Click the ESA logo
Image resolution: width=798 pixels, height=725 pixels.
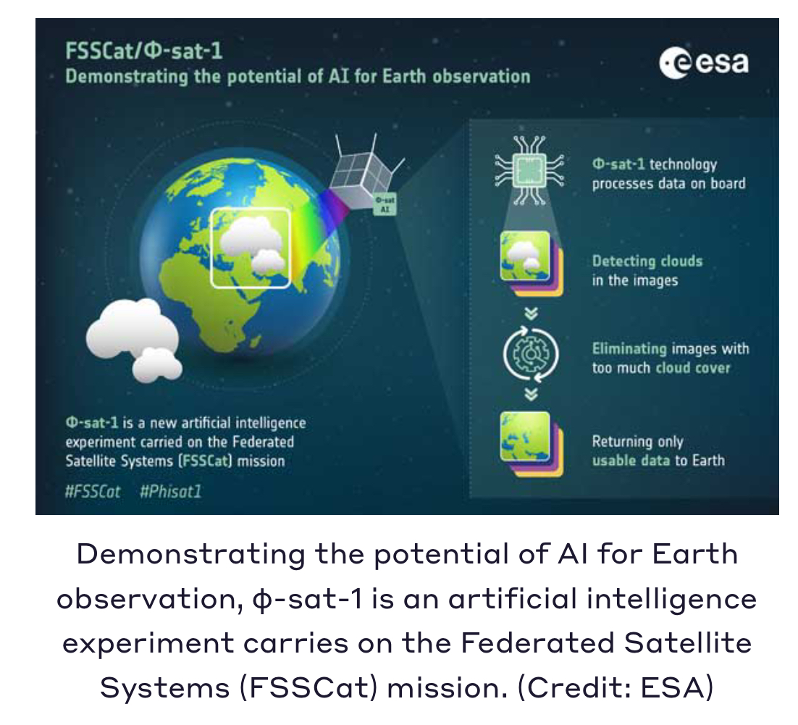(704, 64)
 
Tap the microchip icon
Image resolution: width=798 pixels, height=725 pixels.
(530, 170)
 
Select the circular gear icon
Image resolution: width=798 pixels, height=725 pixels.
(531, 354)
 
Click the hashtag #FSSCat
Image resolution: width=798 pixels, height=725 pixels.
(93, 491)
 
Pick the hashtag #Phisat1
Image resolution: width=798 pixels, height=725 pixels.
(171, 491)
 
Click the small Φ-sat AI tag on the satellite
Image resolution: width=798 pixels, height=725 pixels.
(385, 204)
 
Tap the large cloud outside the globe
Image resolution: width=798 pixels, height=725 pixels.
(133, 339)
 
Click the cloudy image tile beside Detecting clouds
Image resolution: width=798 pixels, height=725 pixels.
(532, 263)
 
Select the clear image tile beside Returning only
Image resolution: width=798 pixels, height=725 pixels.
(532, 444)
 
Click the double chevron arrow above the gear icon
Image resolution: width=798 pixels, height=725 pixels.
(531, 314)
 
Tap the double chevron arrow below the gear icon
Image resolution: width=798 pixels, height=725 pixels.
(531, 394)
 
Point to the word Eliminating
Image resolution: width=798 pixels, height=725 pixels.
(629, 349)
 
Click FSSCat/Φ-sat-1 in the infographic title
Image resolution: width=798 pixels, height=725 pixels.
(144, 51)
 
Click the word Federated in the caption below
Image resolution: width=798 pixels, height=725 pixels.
(537, 643)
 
